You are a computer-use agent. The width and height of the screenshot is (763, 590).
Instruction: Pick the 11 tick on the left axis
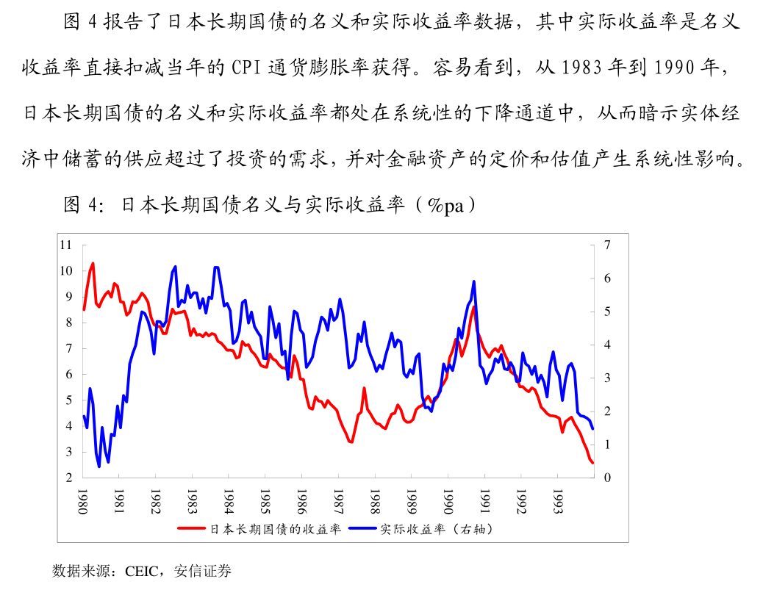pos(66,245)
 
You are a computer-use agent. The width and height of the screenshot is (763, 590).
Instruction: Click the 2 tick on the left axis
pos(69,478)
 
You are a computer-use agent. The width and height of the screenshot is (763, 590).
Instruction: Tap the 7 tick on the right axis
pos(607,245)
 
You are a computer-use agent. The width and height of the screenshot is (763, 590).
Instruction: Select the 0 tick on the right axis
pos(607,478)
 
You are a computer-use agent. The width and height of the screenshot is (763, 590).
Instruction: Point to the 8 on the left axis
pos(69,323)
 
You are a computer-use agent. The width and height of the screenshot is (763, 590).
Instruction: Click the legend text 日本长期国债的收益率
pos(276,529)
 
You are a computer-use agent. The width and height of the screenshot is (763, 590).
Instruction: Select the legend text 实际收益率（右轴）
pos(436,529)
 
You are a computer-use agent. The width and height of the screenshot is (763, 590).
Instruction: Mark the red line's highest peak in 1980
pos(93,263)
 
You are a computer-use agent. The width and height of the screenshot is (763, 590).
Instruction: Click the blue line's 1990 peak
pos(474,281)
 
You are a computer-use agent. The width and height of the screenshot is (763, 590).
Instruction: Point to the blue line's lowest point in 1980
pos(99,467)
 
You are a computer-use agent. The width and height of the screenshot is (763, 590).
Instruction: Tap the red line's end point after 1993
pos(592,462)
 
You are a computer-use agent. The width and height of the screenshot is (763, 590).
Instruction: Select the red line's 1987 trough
pos(352,442)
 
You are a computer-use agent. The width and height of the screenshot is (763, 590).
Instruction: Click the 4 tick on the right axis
pos(607,345)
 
